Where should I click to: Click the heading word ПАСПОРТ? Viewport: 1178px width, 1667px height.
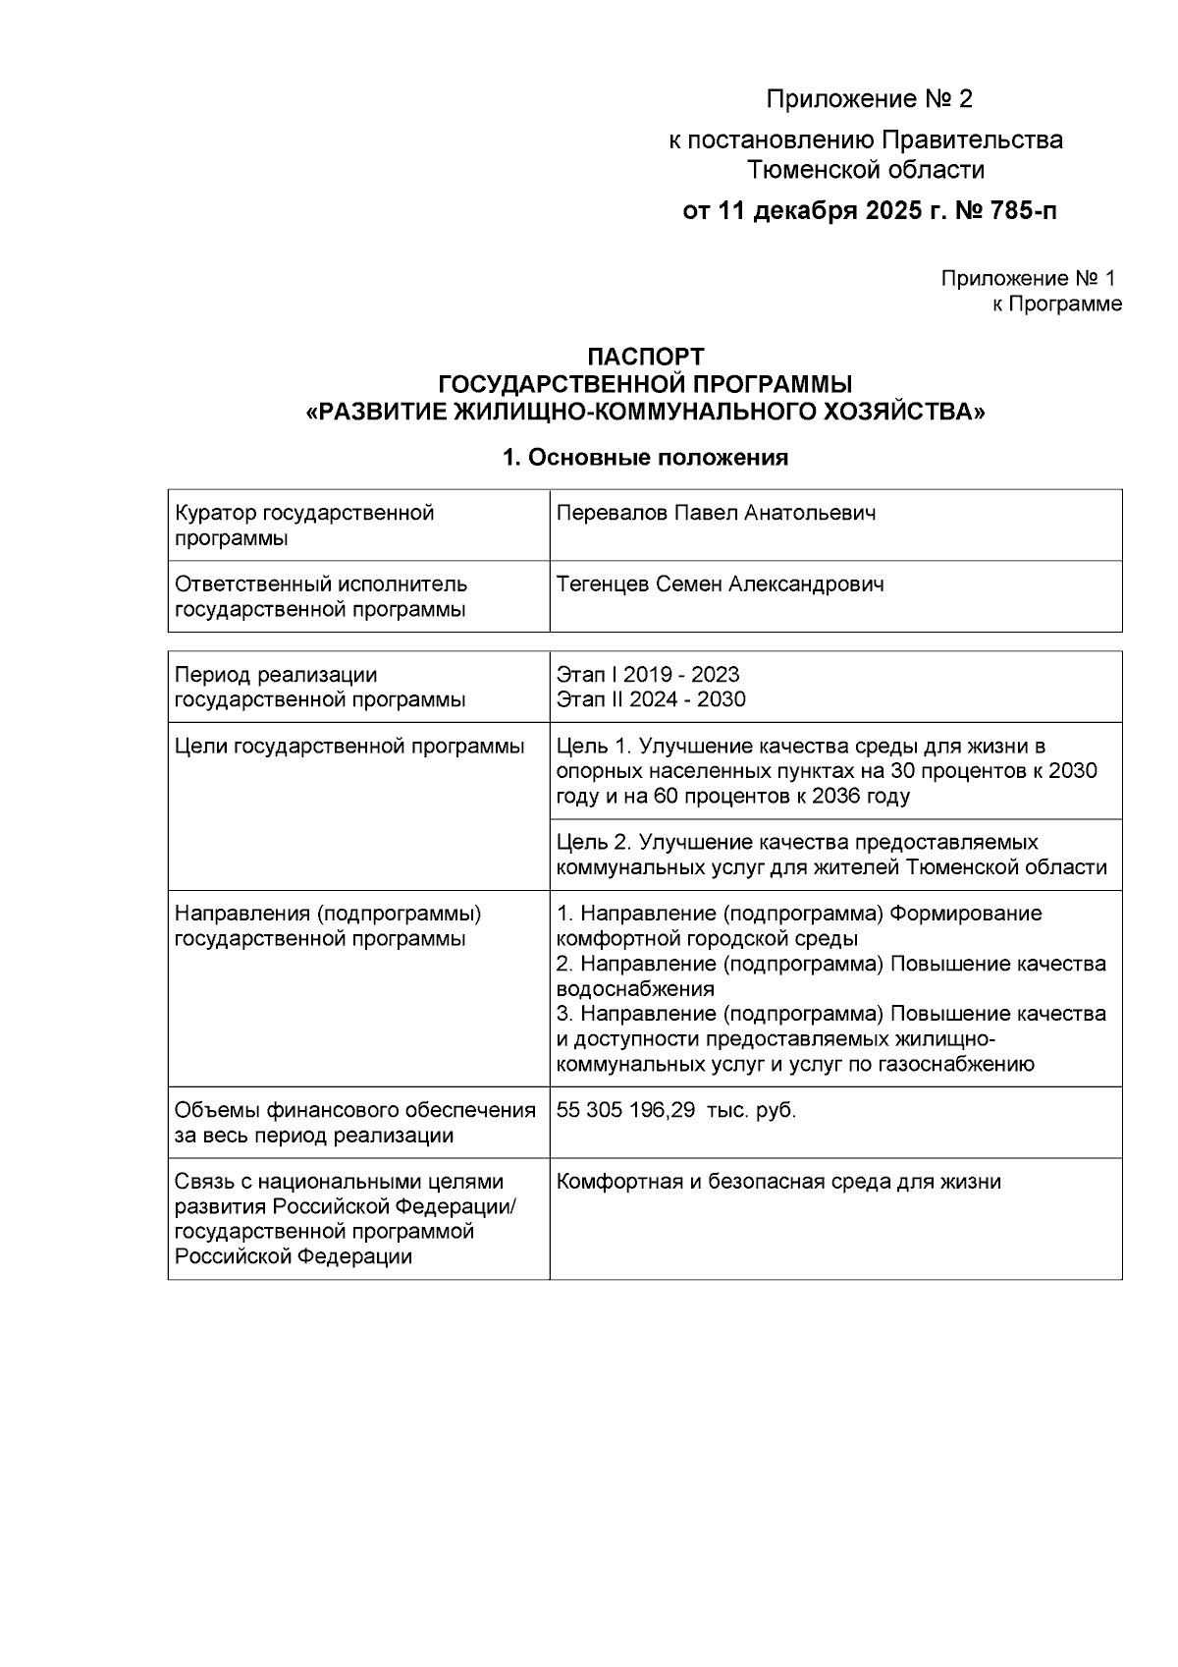(x=645, y=356)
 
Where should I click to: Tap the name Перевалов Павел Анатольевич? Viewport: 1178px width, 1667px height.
(x=716, y=513)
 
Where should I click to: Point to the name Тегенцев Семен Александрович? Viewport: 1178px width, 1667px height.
(x=720, y=584)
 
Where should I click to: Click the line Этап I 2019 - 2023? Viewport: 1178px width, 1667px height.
(x=647, y=675)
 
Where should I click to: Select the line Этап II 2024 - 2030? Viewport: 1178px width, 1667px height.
(x=650, y=699)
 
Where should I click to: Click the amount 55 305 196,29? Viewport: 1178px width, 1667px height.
(x=625, y=1111)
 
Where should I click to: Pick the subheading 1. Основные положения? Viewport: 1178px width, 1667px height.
(x=645, y=458)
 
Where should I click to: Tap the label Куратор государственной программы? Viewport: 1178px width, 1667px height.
(x=303, y=526)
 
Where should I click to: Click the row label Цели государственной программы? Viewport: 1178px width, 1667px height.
(x=348, y=747)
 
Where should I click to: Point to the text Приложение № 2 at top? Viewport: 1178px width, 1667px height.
(x=869, y=99)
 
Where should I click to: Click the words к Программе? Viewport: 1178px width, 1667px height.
(x=1056, y=305)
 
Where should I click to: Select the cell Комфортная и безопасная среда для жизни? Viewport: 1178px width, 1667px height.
(x=777, y=1182)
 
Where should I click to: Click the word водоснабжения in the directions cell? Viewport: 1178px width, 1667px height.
(x=634, y=989)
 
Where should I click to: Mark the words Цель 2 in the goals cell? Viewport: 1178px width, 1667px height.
(x=593, y=843)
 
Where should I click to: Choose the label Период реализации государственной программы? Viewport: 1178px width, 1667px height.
(x=319, y=687)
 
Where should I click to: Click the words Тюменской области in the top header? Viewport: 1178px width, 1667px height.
(x=866, y=170)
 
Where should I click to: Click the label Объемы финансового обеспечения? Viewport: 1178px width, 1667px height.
(x=354, y=1111)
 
